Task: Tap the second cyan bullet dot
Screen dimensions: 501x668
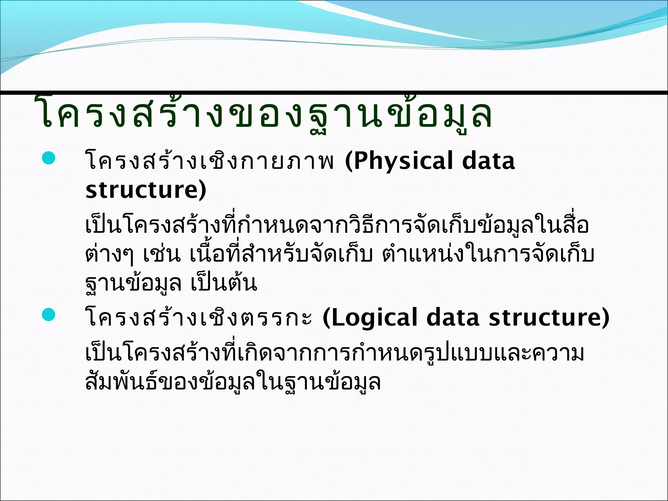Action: (49, 315)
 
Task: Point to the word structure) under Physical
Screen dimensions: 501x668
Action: (146, 190)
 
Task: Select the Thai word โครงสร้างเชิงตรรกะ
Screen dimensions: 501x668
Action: (199, 318)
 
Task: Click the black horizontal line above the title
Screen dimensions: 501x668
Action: (334, 93)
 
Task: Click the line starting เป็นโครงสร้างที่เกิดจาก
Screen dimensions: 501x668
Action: (334, 354)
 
